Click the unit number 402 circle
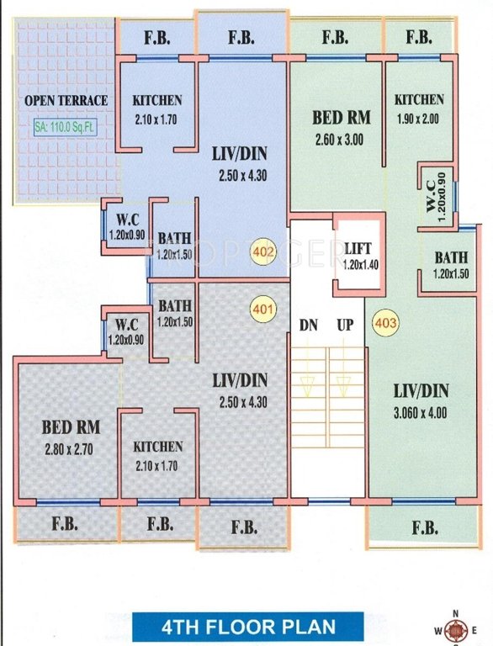pos(263,251)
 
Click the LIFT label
pos(358,247)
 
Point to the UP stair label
pos(344,324)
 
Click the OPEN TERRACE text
pos(66,101)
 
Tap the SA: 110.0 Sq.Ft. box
pos(65,129)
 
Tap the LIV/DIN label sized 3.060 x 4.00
pos(421,390)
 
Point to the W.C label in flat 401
pos(126,324)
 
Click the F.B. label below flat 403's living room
pos(425,528)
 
